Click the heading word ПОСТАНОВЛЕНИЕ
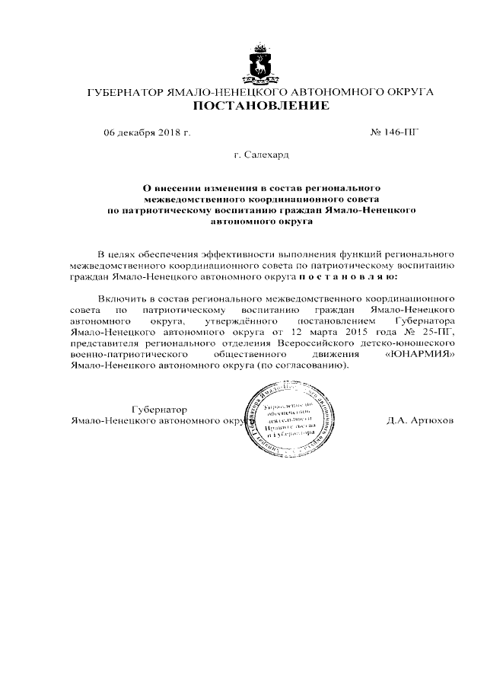(x=260, y=106)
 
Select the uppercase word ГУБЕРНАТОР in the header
(x=124, y=92)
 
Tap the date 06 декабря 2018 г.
(x=147, y=132)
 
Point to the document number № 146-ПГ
(x=395, y=132)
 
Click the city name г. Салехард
(x=261, y=155)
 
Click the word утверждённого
(x=237, y=322)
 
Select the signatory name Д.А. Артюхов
(x=419, y=420)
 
